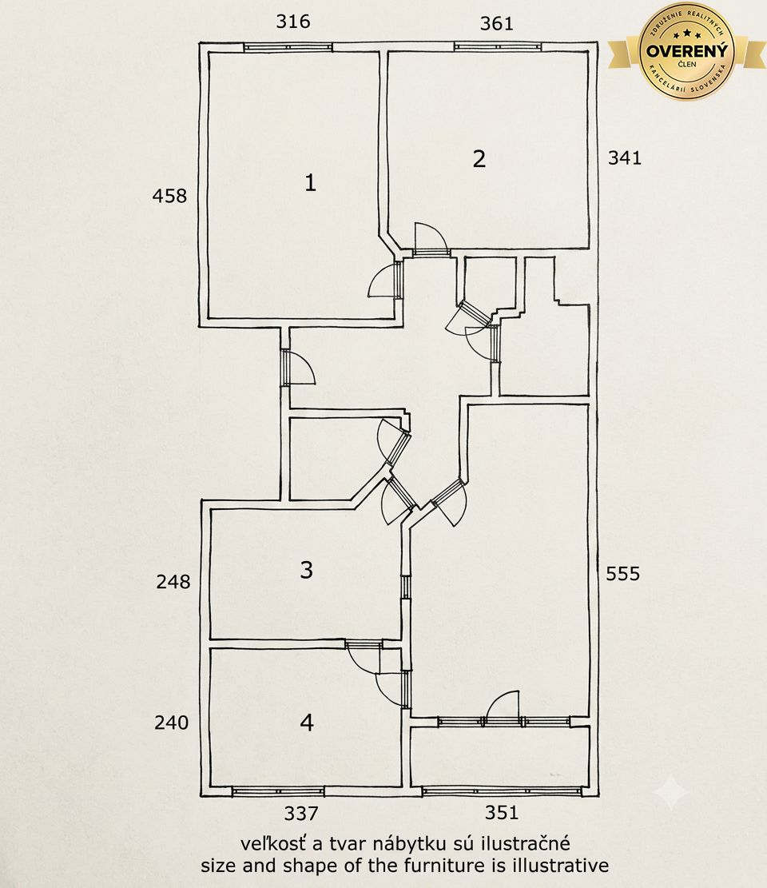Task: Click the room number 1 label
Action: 310,183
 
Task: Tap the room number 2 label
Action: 479,159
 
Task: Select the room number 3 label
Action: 306,570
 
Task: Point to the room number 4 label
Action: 306,723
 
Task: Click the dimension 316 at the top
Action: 293,22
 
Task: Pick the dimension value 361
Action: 496,23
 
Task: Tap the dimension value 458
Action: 169,196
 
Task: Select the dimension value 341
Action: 625,158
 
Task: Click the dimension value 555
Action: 622,574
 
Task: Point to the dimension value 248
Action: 173,582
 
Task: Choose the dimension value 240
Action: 172,723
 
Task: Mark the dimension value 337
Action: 301,814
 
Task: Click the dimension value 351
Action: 502,813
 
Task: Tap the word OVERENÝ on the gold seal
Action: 686,51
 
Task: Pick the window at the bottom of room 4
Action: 277,791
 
